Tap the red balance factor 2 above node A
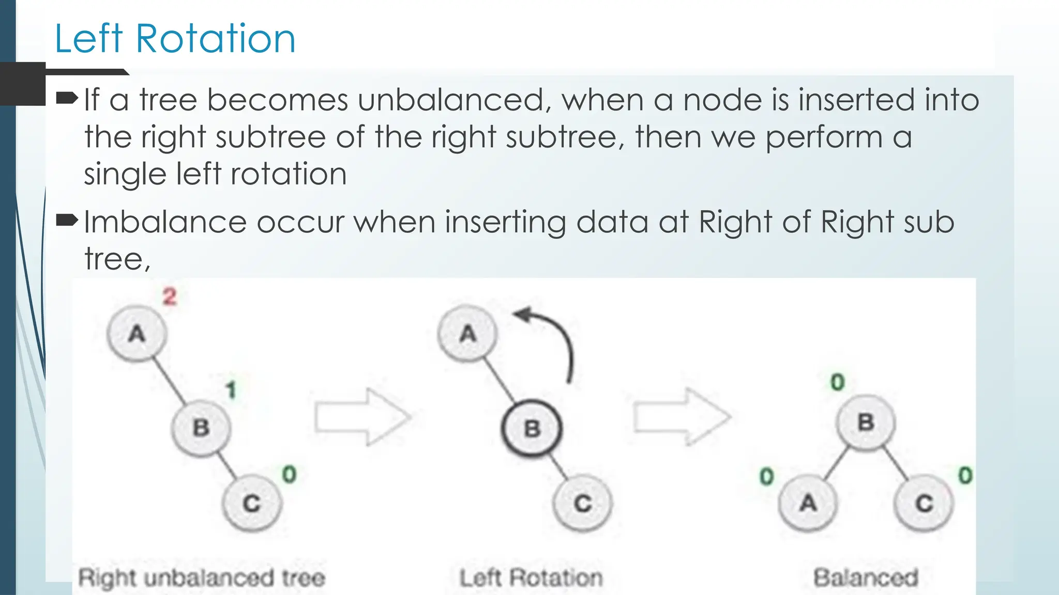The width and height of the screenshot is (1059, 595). point(170,297)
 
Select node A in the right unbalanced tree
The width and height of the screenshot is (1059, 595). point(137,334)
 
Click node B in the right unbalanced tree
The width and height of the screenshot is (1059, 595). point(201,428)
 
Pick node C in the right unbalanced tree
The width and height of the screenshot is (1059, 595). point(252,503)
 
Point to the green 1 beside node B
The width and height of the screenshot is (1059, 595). point(231,390)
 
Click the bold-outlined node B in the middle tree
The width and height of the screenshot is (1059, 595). point(532,429)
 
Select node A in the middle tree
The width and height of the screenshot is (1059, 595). point(467,334)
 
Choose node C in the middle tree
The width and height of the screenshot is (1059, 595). point(582,503)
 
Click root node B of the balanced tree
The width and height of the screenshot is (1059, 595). point(866,422)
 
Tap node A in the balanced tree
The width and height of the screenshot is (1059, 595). point(808,503)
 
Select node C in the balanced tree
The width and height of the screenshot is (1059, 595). point(924,503)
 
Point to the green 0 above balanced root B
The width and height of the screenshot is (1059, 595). point(837,382)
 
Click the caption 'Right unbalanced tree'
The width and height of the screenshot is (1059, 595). point(202,577)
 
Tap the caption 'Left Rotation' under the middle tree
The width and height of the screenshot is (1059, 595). point(531,577)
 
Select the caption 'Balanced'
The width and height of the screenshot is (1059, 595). point(866,577)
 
